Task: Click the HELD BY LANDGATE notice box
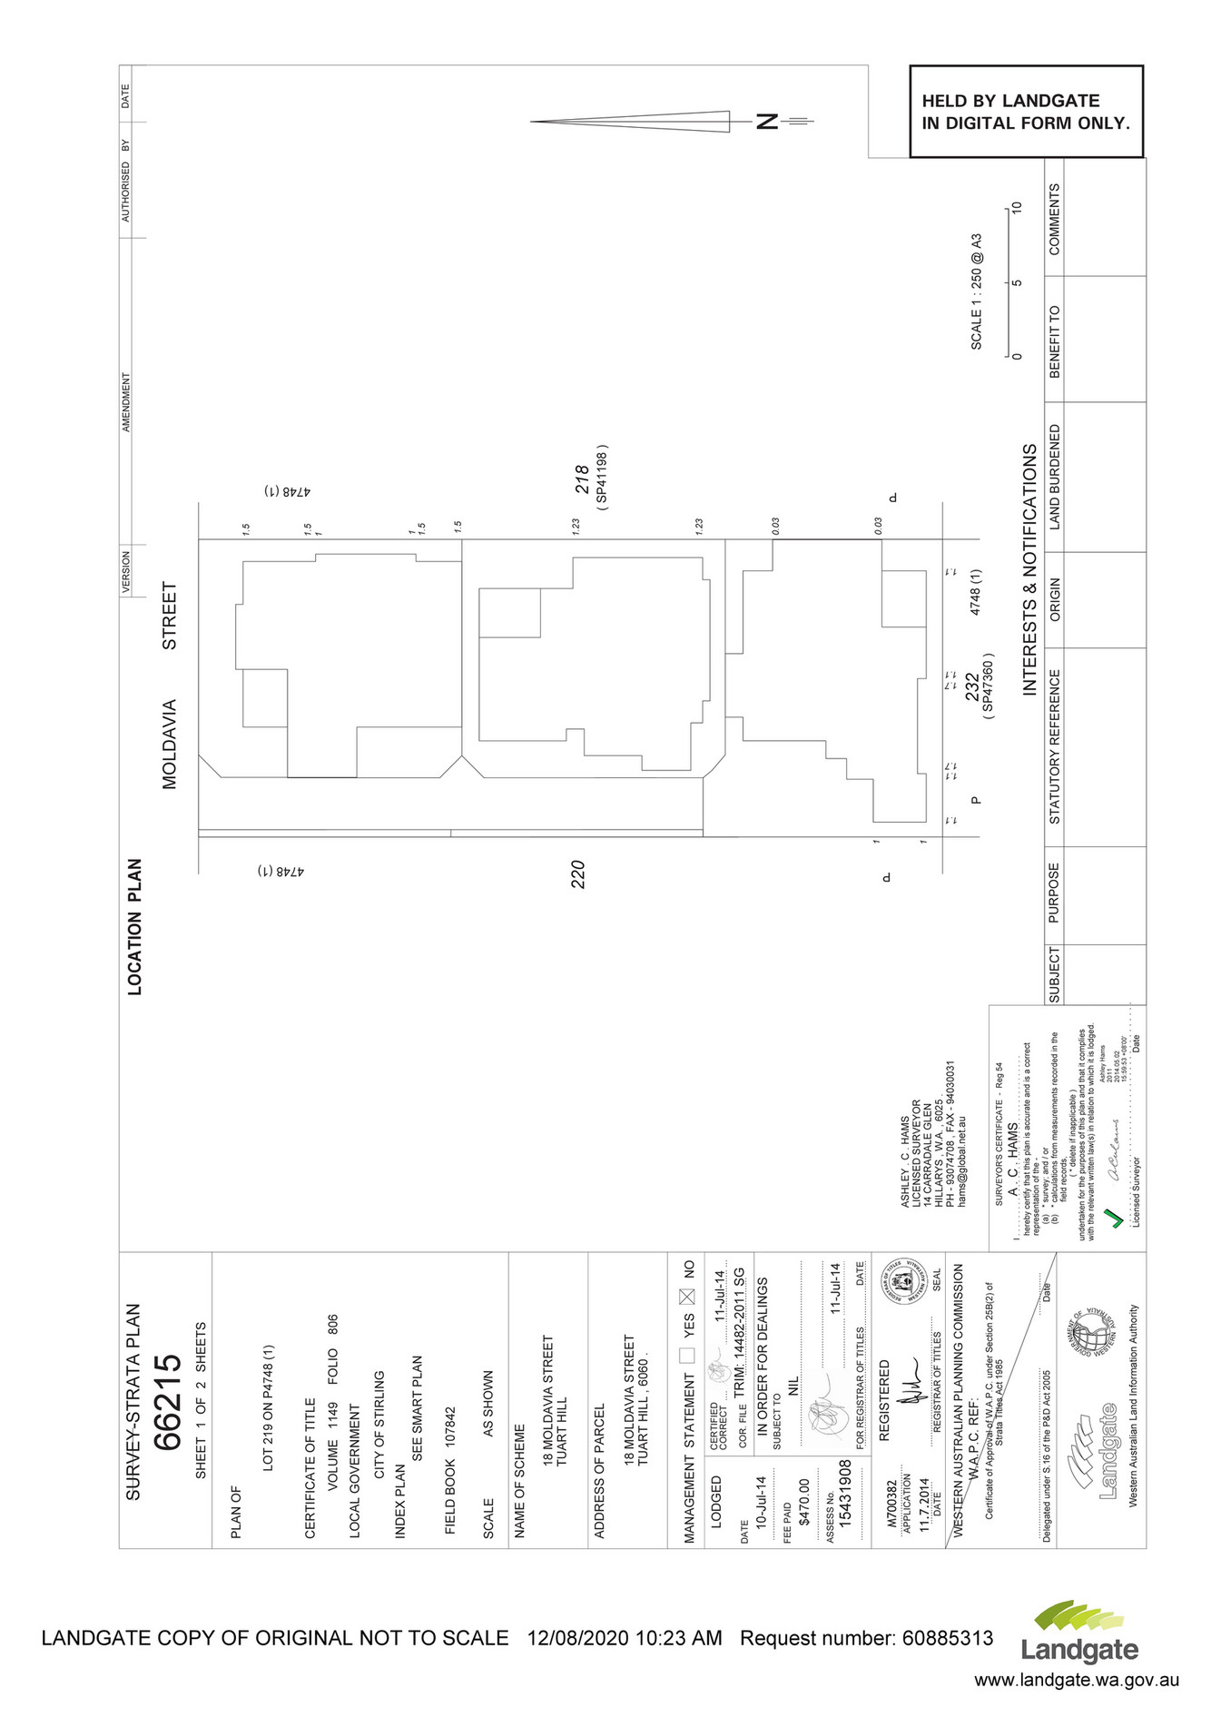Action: tap(1026, 112)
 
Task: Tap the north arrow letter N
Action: tap(767, 121)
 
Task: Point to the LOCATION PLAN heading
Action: tap(135, 927)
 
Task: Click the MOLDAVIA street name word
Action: tap(170, 743)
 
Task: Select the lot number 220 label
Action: tap(578, 873)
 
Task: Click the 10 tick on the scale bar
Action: tap(1017, 207)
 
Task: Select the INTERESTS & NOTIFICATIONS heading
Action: tap(1029, 569)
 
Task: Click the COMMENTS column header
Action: tap(1054, 219)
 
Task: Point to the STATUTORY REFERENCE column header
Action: tap(1054, 745)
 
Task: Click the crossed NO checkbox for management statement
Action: tap(687, 1297)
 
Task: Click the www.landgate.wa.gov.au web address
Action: tap(1077, 1680)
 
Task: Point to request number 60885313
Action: tap(947, 1638)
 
